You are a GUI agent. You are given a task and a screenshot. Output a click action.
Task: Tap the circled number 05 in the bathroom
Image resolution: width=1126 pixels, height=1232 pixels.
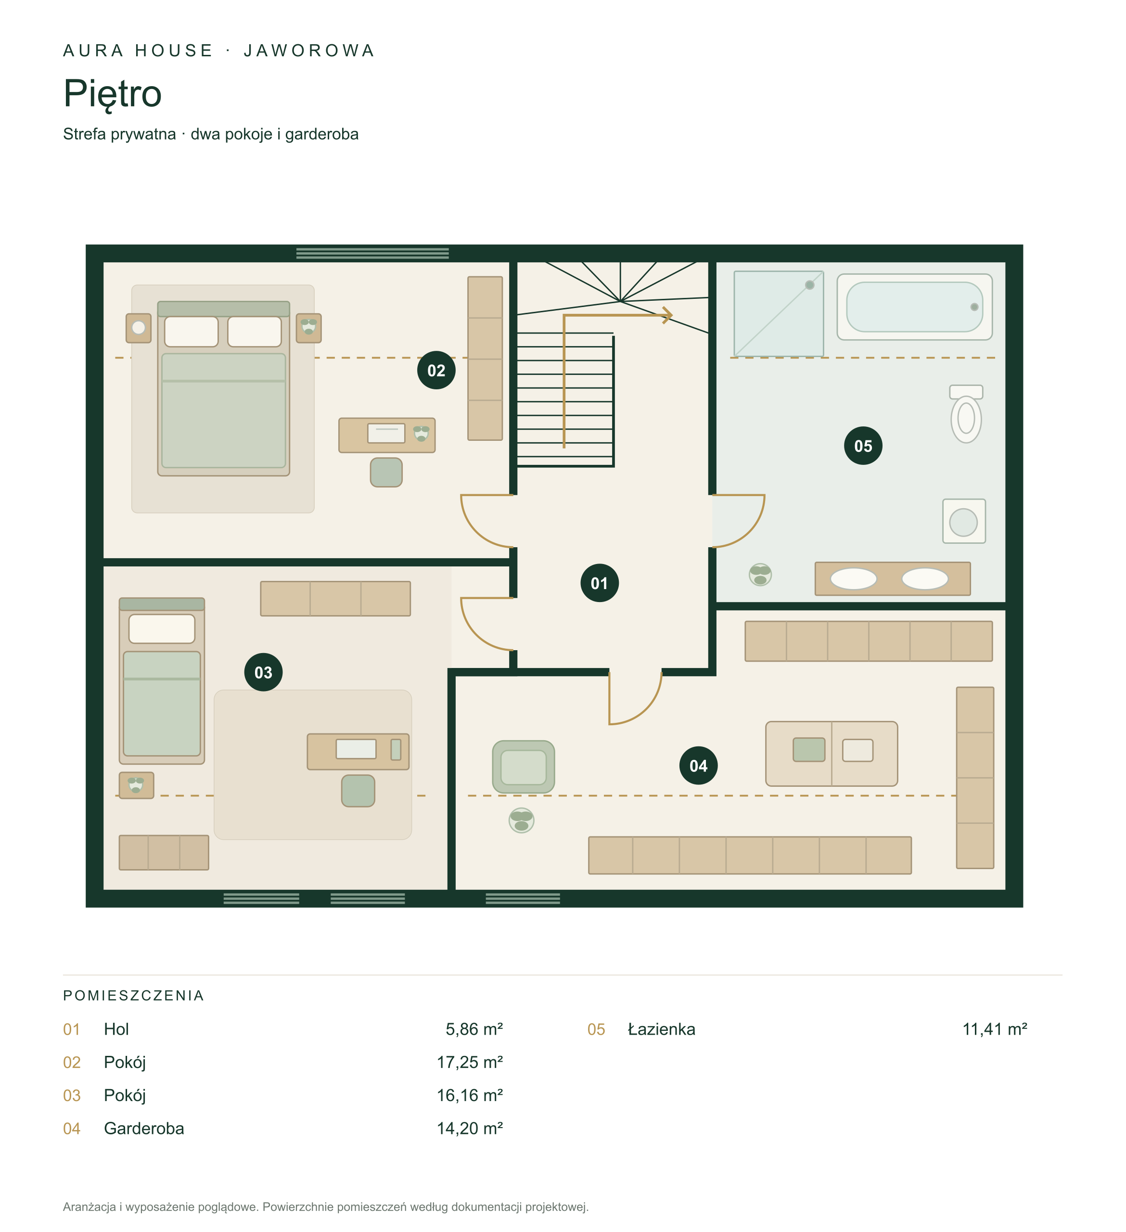[863, 446]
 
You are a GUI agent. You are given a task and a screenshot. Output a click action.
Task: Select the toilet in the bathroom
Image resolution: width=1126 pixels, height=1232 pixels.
[966, 414]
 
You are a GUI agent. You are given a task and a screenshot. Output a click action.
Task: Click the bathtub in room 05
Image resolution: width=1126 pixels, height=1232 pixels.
[914, 307]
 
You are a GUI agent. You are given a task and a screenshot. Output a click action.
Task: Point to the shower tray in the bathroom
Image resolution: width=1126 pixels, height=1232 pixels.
[779, 313]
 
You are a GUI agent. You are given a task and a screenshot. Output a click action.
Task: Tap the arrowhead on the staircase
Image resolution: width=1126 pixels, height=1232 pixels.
[668, 315]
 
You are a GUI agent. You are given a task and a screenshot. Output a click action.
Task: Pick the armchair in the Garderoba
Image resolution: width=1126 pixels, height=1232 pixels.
[524, 767]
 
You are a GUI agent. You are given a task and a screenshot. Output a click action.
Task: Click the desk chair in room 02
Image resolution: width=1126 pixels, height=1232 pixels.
[386, 473]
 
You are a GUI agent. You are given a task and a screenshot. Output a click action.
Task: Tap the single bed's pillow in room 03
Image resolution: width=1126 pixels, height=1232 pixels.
[162, 628]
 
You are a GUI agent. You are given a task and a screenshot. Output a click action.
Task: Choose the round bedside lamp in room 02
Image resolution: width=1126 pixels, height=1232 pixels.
[139, 328]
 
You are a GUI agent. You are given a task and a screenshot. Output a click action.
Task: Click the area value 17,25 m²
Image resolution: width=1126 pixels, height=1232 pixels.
[469, 1062]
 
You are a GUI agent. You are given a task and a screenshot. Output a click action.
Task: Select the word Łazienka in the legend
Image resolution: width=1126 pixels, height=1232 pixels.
[662, 1029]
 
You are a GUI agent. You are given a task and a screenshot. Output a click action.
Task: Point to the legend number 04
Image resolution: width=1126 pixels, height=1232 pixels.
[72, 1128]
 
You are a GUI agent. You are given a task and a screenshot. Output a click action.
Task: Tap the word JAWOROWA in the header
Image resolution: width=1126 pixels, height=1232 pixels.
[309, 50]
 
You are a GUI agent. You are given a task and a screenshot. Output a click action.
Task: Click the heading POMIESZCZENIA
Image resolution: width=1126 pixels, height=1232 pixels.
[133, 996]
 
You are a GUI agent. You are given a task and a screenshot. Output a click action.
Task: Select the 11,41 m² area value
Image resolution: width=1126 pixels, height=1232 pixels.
[995, 1029]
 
